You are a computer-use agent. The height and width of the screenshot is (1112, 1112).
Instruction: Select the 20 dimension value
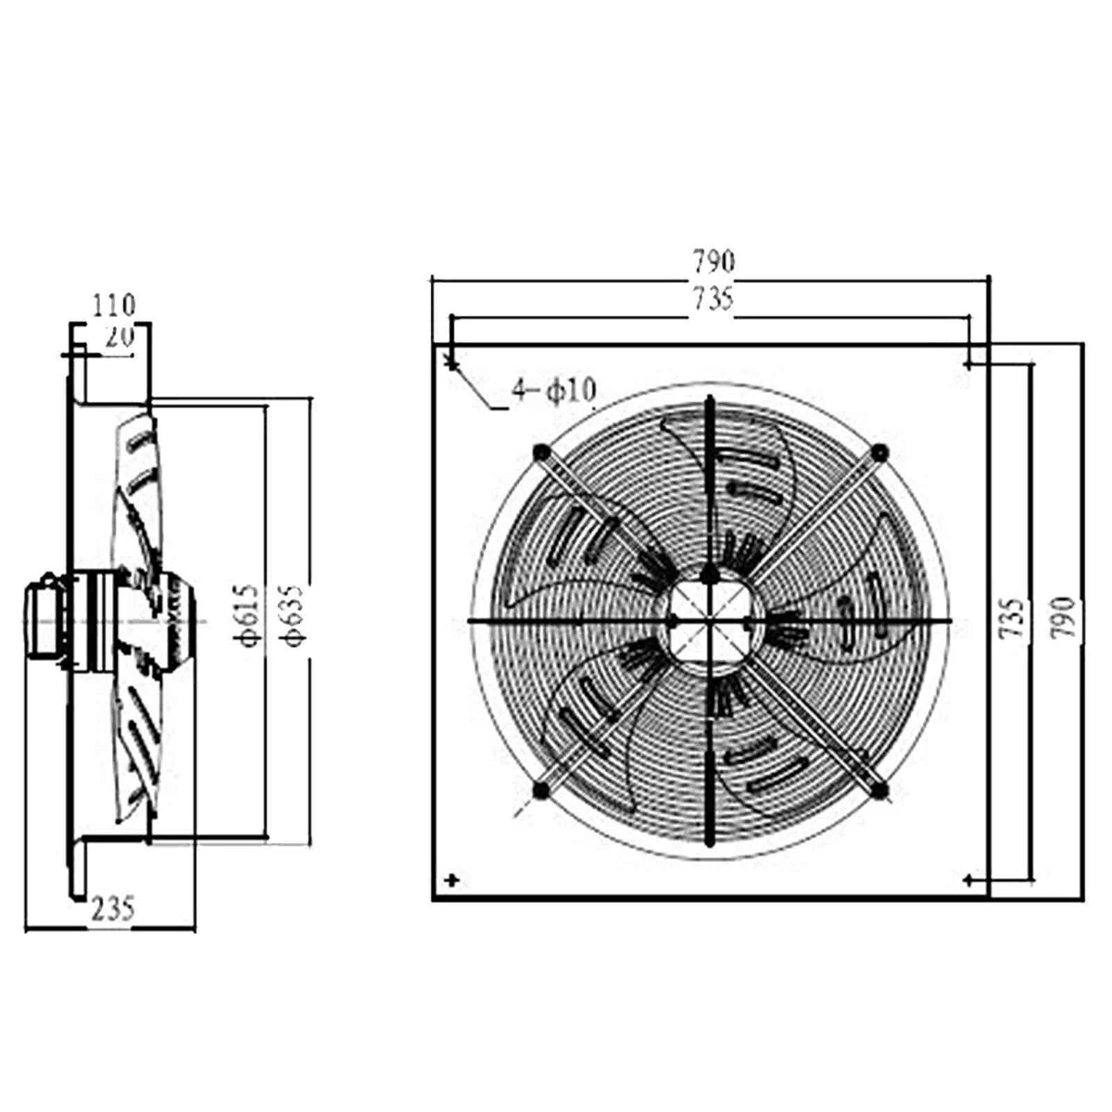coord(119,337)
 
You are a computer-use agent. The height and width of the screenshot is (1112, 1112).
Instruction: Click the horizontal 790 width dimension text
coord(712,262)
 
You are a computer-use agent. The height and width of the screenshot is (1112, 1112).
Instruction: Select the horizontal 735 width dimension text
coord(712,299)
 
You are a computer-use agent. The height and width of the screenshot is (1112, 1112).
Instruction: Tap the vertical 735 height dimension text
coord(1016,617)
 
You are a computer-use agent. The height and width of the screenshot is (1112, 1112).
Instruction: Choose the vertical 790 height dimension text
coord(1065,617)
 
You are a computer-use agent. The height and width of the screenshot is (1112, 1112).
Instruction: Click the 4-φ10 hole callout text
coord(553,392)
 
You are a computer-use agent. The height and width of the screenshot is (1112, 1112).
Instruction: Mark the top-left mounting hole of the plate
coord(452,365)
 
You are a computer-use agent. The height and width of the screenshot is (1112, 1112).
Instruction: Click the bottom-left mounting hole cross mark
coord(452,879)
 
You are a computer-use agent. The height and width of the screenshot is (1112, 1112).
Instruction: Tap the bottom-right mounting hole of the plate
coord(969,878)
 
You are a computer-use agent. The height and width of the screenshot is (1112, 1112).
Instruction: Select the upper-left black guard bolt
coord(541,452)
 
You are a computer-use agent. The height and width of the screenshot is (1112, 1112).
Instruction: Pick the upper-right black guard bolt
coord(878,451)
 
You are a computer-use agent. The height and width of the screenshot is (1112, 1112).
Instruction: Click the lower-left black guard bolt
coord(541,790)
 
